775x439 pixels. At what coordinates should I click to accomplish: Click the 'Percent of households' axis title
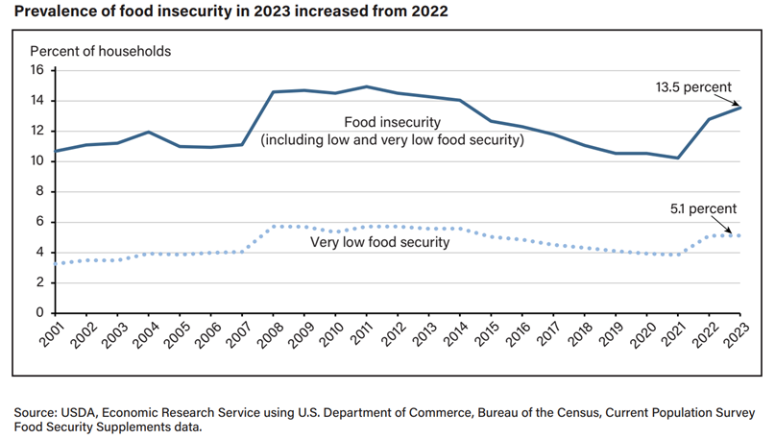click(101, 50)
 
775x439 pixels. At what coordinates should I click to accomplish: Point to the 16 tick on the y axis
click(38, 70)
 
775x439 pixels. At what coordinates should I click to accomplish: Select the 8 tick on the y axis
click(41, 191)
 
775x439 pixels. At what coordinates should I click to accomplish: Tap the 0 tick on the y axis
click(41, 312)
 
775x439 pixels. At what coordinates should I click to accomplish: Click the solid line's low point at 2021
click(679, 158)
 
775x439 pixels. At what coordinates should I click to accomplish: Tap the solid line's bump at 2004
click(149, 132)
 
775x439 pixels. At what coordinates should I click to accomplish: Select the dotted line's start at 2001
click(55, 263)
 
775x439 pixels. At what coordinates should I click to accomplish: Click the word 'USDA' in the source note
click(80, 412)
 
